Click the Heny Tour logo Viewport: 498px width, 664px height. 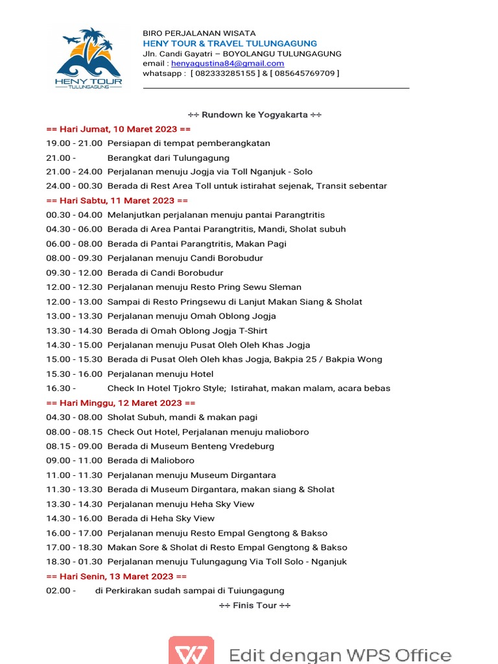click(x=88, y=60)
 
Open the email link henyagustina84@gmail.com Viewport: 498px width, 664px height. click(x=228, y=64)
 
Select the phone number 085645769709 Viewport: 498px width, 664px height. click(x=304, y=73)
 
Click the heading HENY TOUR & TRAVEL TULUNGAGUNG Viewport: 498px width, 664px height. click(x=230, y=43)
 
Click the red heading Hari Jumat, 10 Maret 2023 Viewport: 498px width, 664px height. click(x=118, y=129)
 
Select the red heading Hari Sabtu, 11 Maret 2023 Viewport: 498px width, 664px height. click(x=117, y=200)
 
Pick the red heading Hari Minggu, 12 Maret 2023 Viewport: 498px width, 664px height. click(x=121, y=403)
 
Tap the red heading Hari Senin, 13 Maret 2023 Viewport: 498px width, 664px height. click(x=117, y=576)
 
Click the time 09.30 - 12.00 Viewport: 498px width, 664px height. click(x=74, y=272)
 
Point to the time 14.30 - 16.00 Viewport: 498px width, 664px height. click(x=74, y=518)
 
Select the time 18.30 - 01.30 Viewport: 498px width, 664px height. click(x=74, y=562)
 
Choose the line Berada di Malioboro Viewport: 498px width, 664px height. click(x=151, y=460)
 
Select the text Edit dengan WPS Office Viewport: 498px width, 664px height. click(x=340, y=654)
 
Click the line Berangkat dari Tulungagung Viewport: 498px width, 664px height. click(x=169, y=158)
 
